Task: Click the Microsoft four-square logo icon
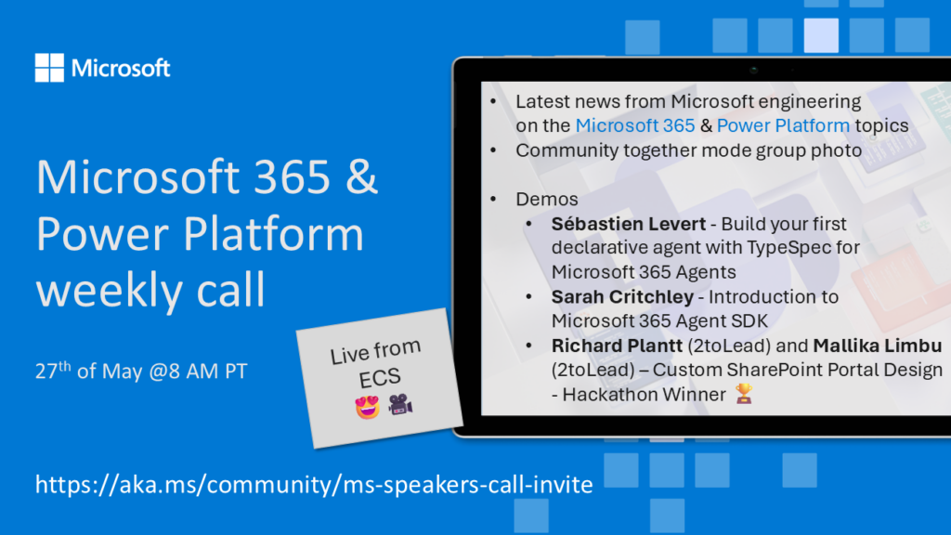tap(49, 67)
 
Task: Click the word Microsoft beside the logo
tap(121, 68)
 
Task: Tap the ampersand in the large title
tap(362, 176)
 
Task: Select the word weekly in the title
tap(110, 290)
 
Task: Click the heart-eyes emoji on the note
tap(368, 407)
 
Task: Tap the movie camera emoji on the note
tap(400, 405)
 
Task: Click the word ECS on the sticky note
tap(380, 378)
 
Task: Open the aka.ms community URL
tap(314, 484)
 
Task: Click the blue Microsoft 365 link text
tap(635, 125)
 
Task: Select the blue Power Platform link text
tap(783, 125)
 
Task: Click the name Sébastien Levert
tap(629, 224)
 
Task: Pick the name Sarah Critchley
tap(622, 296)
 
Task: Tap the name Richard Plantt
tap(617, 346)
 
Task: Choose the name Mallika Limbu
tap(877, 346)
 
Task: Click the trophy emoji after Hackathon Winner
tap(744, 394)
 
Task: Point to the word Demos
tap(546, 199)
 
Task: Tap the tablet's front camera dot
tap(754, 71)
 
